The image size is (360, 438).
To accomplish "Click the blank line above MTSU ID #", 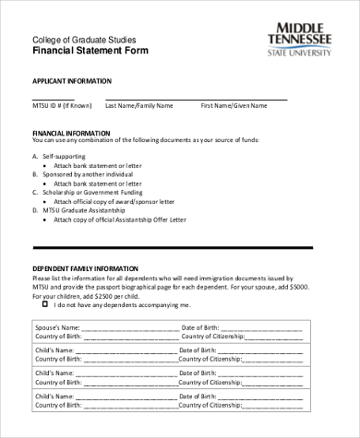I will tap(53, 99).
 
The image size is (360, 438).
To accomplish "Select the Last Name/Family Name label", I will tap(139, 106).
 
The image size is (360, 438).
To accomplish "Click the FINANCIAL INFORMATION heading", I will tap(71, 133).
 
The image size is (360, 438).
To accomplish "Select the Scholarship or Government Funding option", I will tap(92, 191).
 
